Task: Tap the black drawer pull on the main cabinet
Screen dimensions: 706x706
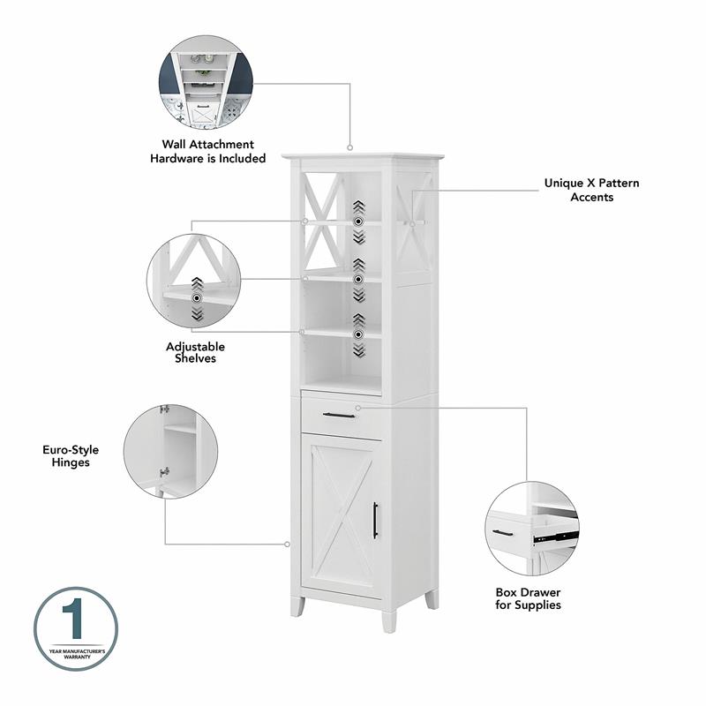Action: pyautogui.click(x=338, y=415)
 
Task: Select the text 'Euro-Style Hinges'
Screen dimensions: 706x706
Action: pyautogui.click(x=66, y=455)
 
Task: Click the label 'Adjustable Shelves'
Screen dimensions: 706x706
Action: pyautogui.click(x=195, y=352)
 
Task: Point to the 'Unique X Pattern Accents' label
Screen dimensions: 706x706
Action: pyautogui.click(x=591, y=190)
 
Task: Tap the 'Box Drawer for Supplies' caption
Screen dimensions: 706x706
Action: pyautogui.click(x=528, y=598)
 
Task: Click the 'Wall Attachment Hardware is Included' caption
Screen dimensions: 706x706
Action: pyautogui.click(x=207, y=151)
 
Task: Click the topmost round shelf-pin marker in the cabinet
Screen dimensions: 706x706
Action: pyautogui.click(x=358, y=222)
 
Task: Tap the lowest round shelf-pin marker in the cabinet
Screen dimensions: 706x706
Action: pyautogui.click(x=358, y=334)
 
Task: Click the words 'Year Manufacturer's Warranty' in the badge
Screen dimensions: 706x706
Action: pyautogui.click(x=75, y=654)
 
